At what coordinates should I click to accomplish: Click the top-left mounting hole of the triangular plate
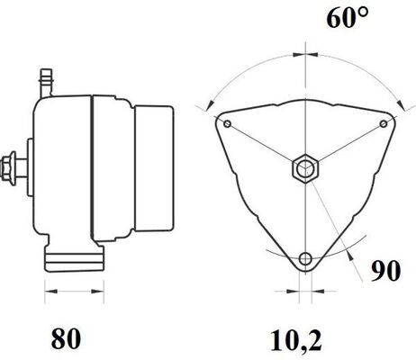pyautogui.click(x=229, y=122)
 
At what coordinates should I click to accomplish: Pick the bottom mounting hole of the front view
pyautogui.click(x=306, y=259)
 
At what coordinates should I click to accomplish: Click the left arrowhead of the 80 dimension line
pyautogui.click(x=48, y=291)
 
